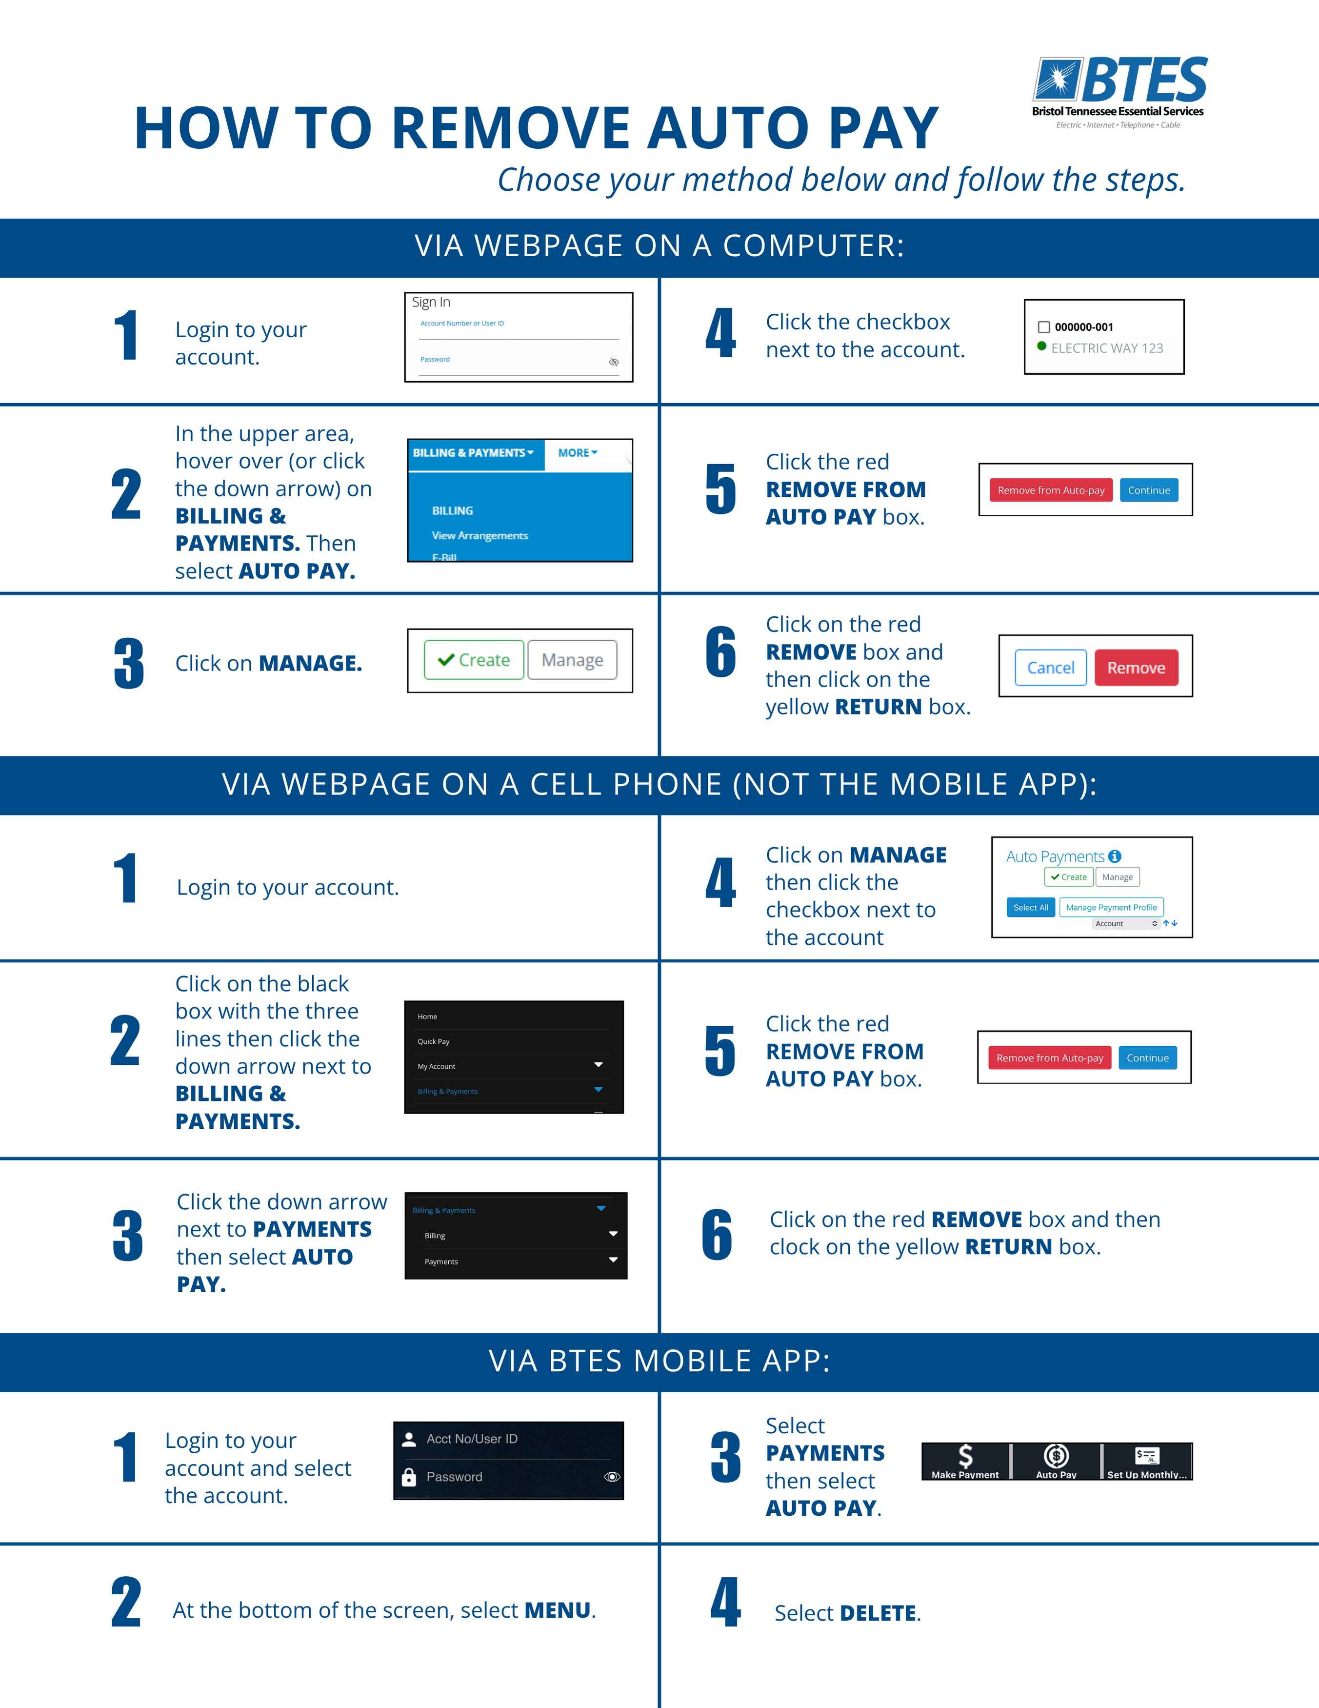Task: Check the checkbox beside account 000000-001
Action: (1044, 327)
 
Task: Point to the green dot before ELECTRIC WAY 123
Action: (1041, 346)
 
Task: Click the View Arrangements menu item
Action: (480, 536)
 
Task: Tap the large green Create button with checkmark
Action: (474, 660)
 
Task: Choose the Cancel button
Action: (1051, 668)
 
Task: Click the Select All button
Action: (1031, 907)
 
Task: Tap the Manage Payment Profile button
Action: (1111, 907)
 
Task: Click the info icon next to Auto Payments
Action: (1115, 856)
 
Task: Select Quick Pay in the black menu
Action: (433, 1042)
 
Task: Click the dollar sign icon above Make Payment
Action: (966, 1455)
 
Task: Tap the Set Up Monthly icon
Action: (1147, 1455)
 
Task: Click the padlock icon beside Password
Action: (409, 1477)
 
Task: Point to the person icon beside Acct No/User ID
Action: (409, 1439)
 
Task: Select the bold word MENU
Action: (558, 1610)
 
